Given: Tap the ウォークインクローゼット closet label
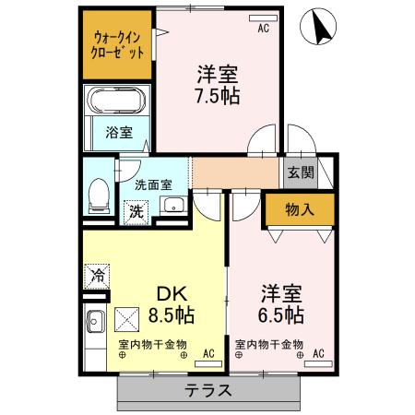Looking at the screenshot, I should click(x=118, y=44).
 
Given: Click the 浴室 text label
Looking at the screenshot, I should click(x=119, y=131).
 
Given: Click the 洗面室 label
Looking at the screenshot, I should click(x=153, y=184).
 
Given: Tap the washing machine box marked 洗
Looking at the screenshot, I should click(x=136, y=209).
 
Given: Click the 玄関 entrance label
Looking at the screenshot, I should click(x=300, y=172).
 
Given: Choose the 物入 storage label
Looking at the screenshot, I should click(x=300, y=209).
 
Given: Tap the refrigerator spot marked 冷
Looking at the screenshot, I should click(x=97, y=274).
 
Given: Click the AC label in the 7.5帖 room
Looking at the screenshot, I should click(x=263, y=29).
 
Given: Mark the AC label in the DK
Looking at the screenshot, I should click(x=208, y=353).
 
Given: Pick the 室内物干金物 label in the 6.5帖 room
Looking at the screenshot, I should click(x=268, y=345).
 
